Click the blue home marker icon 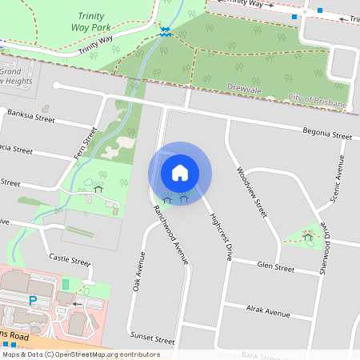tap(180, 172)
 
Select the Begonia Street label tap(327, 134)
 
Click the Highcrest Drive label tap(220, 238)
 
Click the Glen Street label tap(275, 268)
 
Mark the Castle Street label tap(70, 259)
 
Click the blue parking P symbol tap(33, 300)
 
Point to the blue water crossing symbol tap(165, 31)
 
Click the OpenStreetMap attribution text tap(81, 354)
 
